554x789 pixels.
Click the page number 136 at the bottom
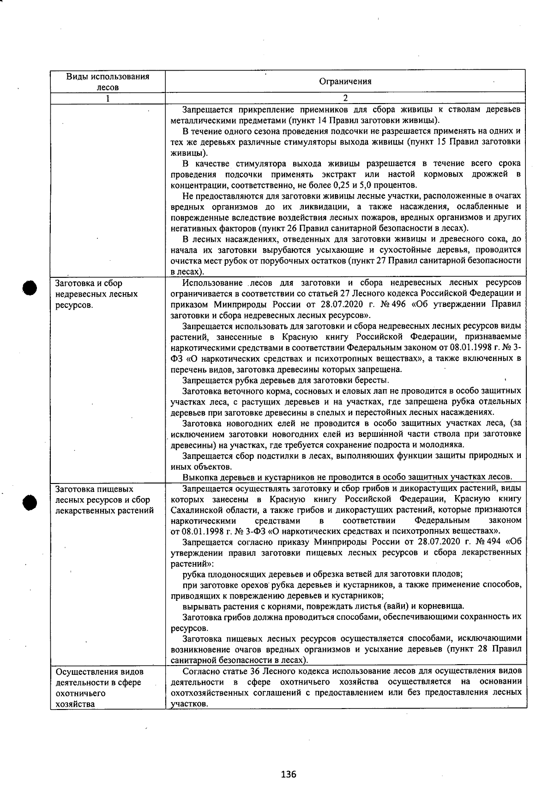pos(288,774)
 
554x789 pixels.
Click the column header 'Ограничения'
pos(345,82)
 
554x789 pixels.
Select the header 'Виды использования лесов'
pos(107,81)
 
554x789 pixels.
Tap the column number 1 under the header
pos(108,98)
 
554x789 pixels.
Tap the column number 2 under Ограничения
pos(345,98)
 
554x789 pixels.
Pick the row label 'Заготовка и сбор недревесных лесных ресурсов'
pos(96,294)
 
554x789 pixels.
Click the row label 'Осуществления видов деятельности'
pos(98,687)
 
